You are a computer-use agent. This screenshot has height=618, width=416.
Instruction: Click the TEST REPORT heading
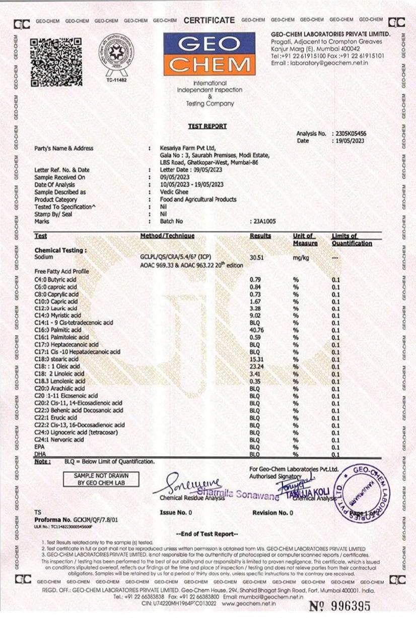click(x=207, y=126)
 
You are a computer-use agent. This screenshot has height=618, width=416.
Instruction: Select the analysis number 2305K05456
click(x=350, y=134)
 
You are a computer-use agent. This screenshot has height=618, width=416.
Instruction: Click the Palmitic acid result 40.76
click(x=257, y=330)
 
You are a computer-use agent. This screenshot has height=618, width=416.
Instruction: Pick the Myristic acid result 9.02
click(x=256, y=316)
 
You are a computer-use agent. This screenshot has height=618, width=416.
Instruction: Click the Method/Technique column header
click(x=167, y=236)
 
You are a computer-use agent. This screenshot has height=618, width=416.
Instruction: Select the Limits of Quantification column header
click(x=351, y=239)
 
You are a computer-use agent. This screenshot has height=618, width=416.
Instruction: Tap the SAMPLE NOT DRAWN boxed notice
click(x=101, y=479)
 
